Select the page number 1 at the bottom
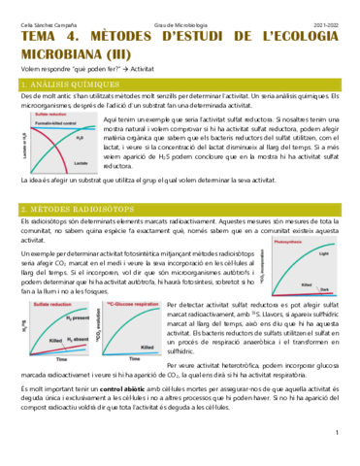coord(335,457)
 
